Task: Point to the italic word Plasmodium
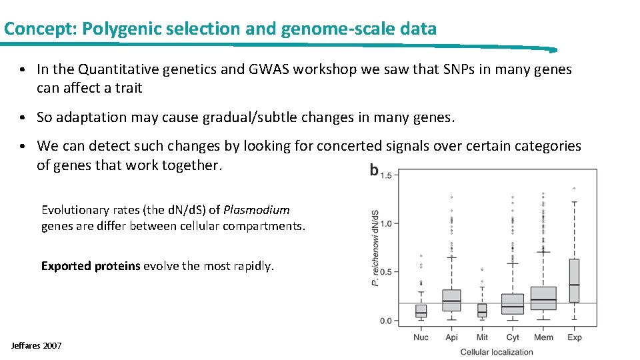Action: pyautogui.click(x=257, y=210)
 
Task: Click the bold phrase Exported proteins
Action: pyautogui.click(x=91, y=266)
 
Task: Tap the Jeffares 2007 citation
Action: pyautogui.click(x=37, y=345)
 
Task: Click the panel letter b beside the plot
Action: pyautogui.click(x=374, y=171)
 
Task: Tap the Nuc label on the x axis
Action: pyautogui.click(x=421, y=337)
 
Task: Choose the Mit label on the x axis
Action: pyautogui.click(x=482, y=337)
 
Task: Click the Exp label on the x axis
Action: pyautogui.click(x=574, y=337)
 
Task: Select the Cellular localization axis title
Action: pyautogui.click(x=497, y=352)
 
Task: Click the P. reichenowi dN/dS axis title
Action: pyautogui.click(x=375, y=247)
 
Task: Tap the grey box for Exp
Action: pyautogui.click(x=574, y=280)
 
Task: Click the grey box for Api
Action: pyautogui.click(x=451, y=300)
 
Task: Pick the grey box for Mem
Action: pyautogui.click(x=543, y=298)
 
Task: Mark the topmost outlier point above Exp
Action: pyautogui.click(x=574, y=188)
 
